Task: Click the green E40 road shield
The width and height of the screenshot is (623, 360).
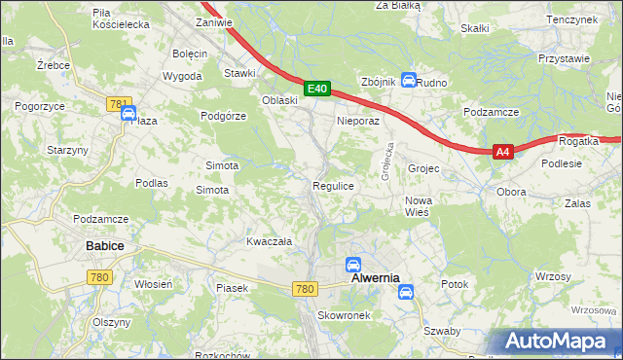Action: (x=316, y=89)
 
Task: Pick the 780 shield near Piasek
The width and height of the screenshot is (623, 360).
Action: (x=305, y=289)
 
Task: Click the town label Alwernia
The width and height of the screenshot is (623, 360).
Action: (x=375, y=278)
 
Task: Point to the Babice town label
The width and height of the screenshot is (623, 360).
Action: (x=104, y=246)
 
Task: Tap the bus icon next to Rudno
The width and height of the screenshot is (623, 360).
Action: (x=409, y=81)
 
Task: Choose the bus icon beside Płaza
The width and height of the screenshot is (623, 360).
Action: (x=128, y=114)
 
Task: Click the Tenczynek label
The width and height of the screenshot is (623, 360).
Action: (x=571, y=19)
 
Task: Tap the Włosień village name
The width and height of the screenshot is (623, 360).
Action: (x=154, y=284)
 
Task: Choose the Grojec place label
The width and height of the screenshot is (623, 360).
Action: (x=423, y=168)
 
